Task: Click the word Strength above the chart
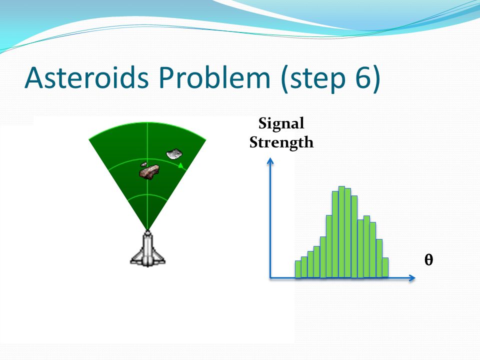click(x=281, y=143)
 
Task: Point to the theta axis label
click(x=428, y=260)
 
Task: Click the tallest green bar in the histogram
click(x=341, y=231)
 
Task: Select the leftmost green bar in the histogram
click(x=298, y=269)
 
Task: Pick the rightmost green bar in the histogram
click(x=385, y=267)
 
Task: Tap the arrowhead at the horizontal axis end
click(x=412, y=277)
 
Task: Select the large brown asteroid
click(x=149, y=171)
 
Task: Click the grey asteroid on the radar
click(x=174, y=154)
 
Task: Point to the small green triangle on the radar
click(x=180, y=165)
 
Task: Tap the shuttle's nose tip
click(x=147, y=231)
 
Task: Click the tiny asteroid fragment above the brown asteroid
click(x=143, y=164)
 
